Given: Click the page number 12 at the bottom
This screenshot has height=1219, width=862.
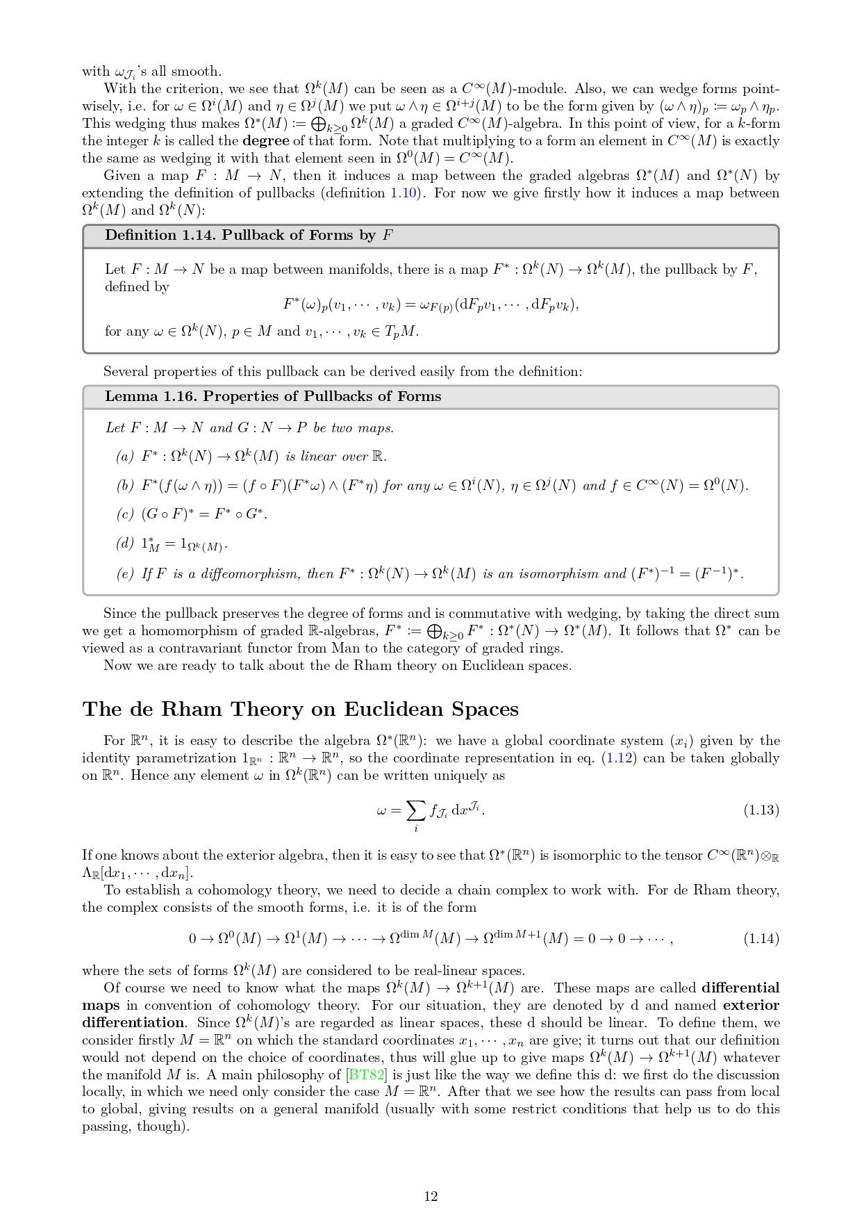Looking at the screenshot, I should coord(431,1196).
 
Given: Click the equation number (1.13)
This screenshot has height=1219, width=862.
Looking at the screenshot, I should coord(761,810).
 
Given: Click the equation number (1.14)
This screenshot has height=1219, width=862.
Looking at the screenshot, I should coord(761,938).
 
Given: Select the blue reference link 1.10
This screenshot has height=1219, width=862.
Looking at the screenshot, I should coord(404,193).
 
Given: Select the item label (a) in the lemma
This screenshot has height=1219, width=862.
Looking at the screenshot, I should coord(124,457).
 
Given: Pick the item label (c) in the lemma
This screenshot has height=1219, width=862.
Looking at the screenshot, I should coord(124,514).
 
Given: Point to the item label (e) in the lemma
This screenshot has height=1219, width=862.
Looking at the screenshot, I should coord(124,574).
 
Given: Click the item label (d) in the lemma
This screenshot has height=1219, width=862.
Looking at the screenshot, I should coord(124,543).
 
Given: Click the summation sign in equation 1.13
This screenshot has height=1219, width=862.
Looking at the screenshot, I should coord(415,810).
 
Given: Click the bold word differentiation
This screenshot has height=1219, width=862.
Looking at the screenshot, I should coord(133,1022).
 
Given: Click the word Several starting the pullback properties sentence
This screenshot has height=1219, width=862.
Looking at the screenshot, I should coord(126,372).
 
